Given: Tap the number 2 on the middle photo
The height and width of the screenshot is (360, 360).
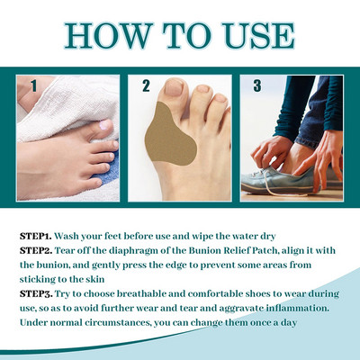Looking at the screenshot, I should coord(145,87).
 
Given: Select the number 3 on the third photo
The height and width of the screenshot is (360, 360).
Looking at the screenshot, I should coord(258,87).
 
